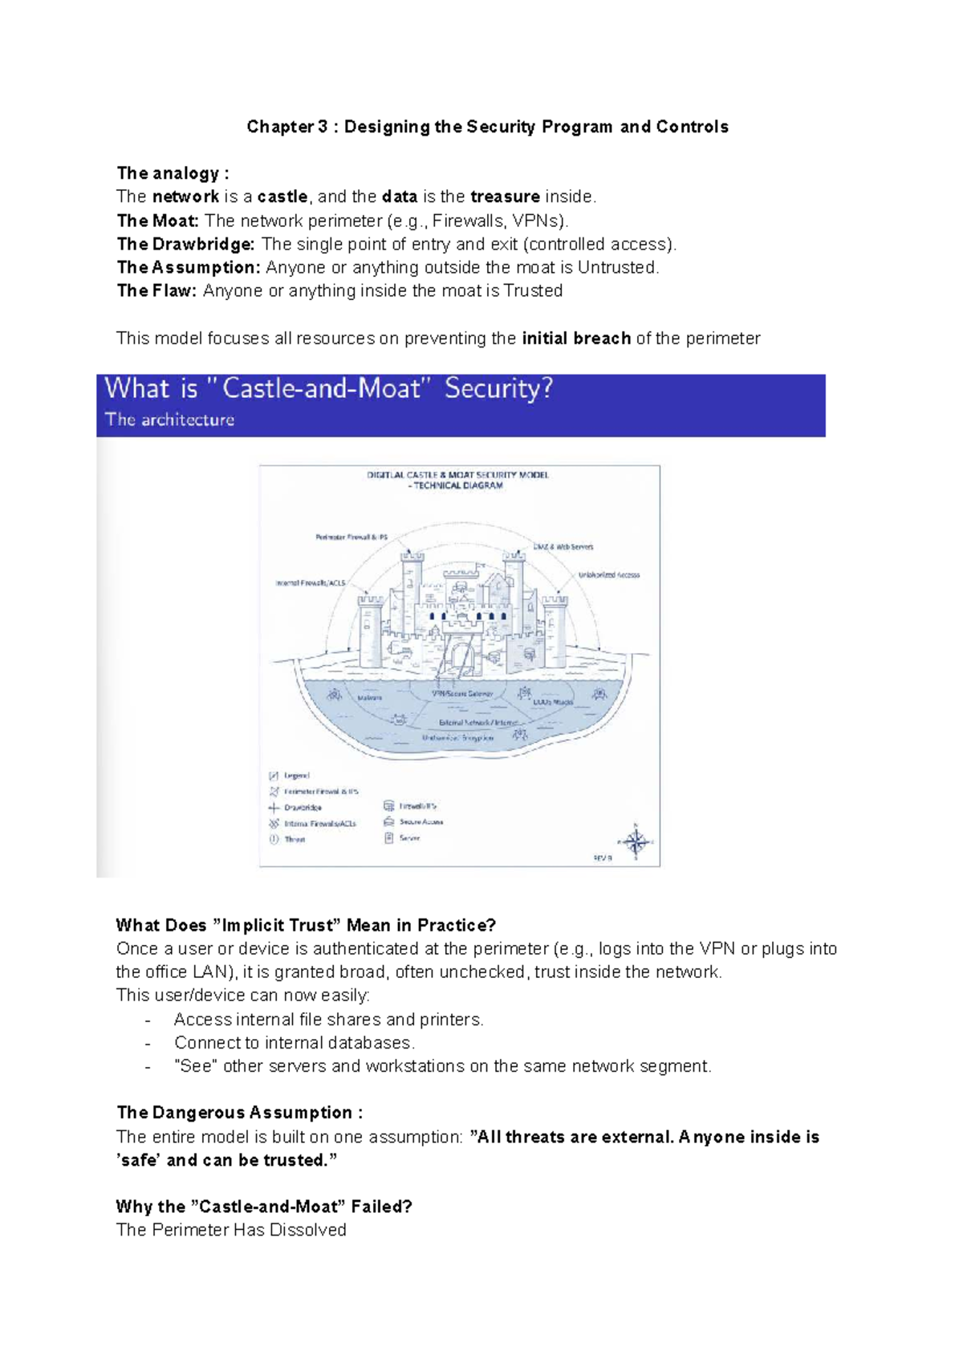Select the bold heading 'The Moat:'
[x=157, y=221]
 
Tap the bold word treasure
[x=505, y=197]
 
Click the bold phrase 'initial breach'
[x=576, y=339]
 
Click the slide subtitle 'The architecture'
[x=170, y=420]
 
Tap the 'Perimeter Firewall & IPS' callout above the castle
[x=351, y=538]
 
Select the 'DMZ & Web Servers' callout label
[x=563, y=547]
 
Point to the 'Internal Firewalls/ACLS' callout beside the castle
[x=311, y=583]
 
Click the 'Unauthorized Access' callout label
[x=609, y=575]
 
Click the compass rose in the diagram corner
[x=636, y=842]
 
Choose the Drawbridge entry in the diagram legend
[x=303, y=808]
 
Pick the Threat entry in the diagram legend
[x=295, y=840]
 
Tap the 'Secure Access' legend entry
[x=421, y=822]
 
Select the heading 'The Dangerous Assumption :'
[x=239, y=1113]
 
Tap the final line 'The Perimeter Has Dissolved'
[x=231, y=1230]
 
